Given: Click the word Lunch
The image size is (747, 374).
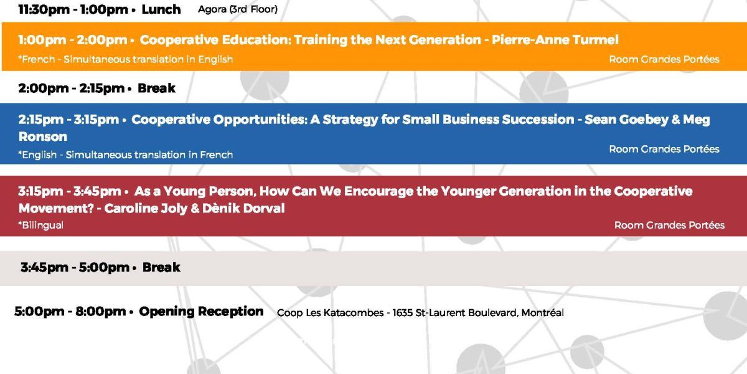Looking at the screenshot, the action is [x=161, y=9].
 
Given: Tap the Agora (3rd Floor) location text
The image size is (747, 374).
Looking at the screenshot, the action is [x=237, y=9].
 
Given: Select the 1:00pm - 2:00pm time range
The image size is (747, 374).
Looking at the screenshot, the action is [x=73, y=40].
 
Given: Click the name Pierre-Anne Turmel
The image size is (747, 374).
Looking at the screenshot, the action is [x=555, y=40].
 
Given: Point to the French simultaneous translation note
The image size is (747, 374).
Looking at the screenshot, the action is [x=125, y=59].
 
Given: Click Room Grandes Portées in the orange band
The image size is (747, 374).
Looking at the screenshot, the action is [x=664, y=59].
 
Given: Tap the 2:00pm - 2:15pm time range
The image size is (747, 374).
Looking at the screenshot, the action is [x=72, y=88].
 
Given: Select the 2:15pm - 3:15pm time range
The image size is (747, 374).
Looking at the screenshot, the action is [x=68, y=120].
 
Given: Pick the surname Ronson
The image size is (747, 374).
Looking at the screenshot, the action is [x=43, y=137].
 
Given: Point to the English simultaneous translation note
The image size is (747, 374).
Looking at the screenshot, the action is [x=125, y=155].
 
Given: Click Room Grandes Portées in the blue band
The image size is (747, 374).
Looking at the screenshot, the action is [x=664, y=149].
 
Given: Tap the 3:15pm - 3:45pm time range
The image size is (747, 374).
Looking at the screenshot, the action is [x=69, y=191].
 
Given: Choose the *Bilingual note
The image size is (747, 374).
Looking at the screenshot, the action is [x=40, y=225].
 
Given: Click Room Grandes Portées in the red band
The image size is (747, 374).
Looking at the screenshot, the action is [x=669, y=225].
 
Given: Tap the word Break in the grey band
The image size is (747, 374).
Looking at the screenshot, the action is [x=161, y=267].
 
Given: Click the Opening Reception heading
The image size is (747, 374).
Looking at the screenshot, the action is [x=201, y=311].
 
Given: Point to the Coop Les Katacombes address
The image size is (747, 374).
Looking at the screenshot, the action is [x=420, y=312].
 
